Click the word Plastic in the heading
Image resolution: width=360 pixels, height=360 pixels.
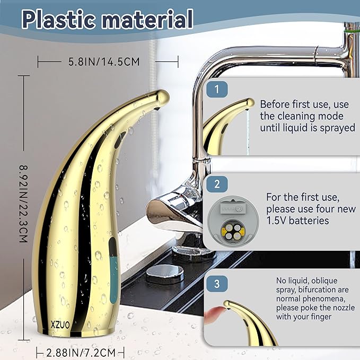click(58, 19)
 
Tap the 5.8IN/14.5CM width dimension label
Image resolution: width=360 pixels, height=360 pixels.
click(104, 62)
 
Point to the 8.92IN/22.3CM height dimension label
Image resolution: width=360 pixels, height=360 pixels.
click(23, 204)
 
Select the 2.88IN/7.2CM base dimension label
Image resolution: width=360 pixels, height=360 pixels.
click(81, 353)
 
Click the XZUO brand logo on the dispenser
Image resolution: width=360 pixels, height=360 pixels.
click(60, 324)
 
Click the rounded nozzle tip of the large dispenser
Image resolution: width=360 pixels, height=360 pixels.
click(164, 96)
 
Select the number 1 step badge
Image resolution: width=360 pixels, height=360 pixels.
click(217, 89)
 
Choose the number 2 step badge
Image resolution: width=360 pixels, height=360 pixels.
click(217, 184)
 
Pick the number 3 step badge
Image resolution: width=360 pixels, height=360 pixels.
click(217, 284)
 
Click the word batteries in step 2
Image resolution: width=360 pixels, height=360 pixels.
click(309, 221)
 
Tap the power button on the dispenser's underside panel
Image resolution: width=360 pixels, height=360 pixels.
click(239, 208)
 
